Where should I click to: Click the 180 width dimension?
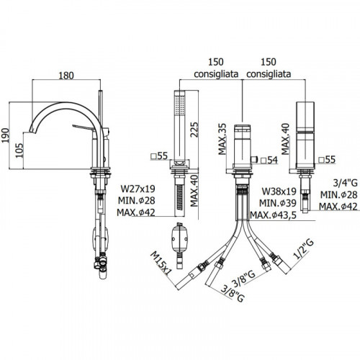click(66, 76)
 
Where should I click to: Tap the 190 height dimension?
click(5, 135)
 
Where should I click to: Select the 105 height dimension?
click(19, 150)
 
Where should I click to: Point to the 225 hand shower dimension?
click(194, 130)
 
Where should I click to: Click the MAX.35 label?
click(222, 139)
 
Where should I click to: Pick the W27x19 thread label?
click(138, 189)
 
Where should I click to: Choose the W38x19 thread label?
click(279, 192)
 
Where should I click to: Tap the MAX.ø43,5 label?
click(274, 215)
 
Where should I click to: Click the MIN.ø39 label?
click(278, 203)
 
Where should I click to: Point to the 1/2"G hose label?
click(304, 249)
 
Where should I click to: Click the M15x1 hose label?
click(161, 264)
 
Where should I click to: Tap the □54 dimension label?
click(269, 160)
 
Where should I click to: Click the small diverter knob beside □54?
click(254, 159)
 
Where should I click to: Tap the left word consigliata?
click(216, 74)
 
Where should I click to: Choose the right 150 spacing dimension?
click(269, 62)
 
